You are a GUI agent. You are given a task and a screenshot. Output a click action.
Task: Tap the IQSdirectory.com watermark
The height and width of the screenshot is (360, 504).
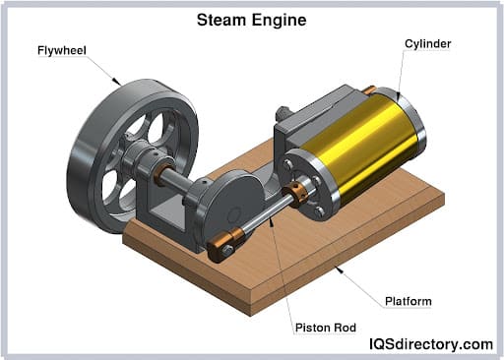pyautogui.click(x=425, y=343)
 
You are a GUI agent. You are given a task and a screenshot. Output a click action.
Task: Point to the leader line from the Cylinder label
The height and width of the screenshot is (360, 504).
pyautogui.click(x=401, y=69)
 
